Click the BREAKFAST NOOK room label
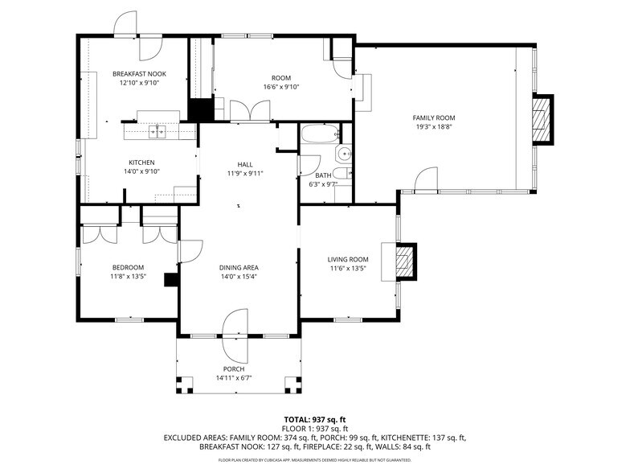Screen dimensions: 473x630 [139, 73]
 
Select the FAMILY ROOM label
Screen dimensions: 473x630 [434, 117]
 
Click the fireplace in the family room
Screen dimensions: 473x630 [544, 119]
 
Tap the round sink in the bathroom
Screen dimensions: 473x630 [344, 154]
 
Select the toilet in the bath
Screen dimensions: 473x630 [341, 175]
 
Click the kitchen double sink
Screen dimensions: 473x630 [157, 131]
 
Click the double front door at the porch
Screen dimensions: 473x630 [238, 324]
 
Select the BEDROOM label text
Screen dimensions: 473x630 [128, 267]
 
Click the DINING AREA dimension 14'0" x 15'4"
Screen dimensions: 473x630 [238, 277]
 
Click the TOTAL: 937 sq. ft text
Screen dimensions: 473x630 [314, 420]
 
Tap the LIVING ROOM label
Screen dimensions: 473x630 [348, 259]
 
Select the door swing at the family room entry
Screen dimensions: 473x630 [426, 179]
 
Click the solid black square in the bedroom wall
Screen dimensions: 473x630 [170, 279]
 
